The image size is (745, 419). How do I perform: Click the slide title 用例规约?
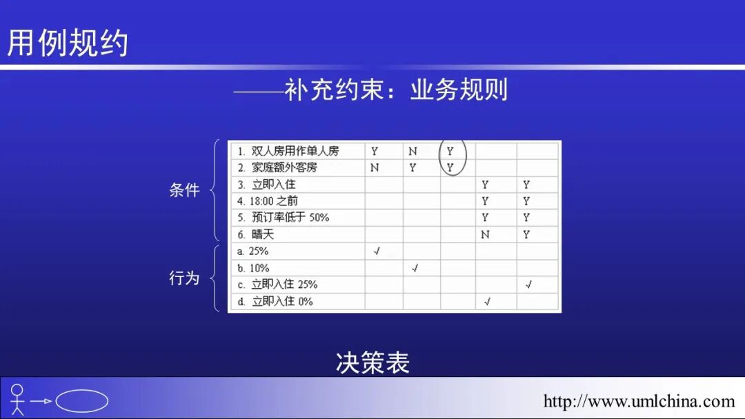pos(68,43)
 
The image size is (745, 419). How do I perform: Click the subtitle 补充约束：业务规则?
pos(397,90)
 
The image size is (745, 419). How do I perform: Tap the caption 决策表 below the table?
pos(372,362)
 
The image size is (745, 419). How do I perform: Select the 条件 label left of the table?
pos(184,190)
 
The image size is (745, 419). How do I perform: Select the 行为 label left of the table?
pos(184,278)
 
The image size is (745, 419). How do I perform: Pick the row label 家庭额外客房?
pos(284,167)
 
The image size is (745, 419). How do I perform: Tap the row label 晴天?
pos(262,234)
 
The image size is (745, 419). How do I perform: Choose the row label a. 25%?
pos(253,252)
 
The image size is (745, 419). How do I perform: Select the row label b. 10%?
pos(253,268)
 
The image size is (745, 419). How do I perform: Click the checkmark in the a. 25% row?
pos(376,252)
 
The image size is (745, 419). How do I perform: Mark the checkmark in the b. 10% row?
pos(415,268)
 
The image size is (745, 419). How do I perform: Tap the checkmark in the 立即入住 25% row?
pos(528,285)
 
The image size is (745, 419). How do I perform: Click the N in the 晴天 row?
pos(485,235)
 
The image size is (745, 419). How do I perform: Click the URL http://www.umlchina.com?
pos(639,400)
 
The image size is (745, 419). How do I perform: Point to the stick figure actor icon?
pos(17,400)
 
